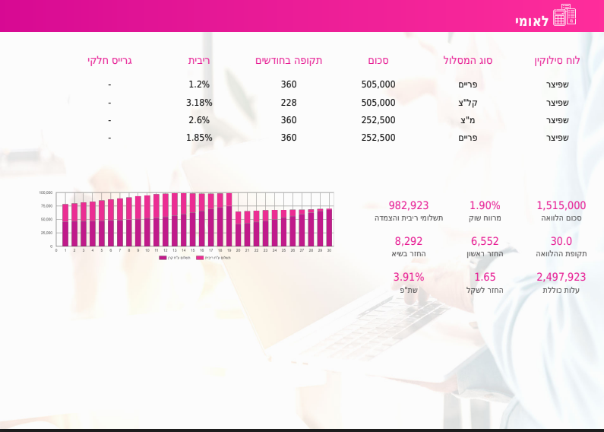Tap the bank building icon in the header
(564, 15)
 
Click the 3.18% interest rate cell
(199, 103)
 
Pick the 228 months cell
(289, 103)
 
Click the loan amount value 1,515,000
(561, 205)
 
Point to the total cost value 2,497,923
(561, 277)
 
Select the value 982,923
(409, 205)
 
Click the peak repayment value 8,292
(409, 241)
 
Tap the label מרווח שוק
(485, 218)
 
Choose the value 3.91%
(409, 277)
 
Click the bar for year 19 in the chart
(229, 221)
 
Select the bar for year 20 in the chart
(238, 230)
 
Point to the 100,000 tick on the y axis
(46, 193)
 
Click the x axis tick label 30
(329, 250)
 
